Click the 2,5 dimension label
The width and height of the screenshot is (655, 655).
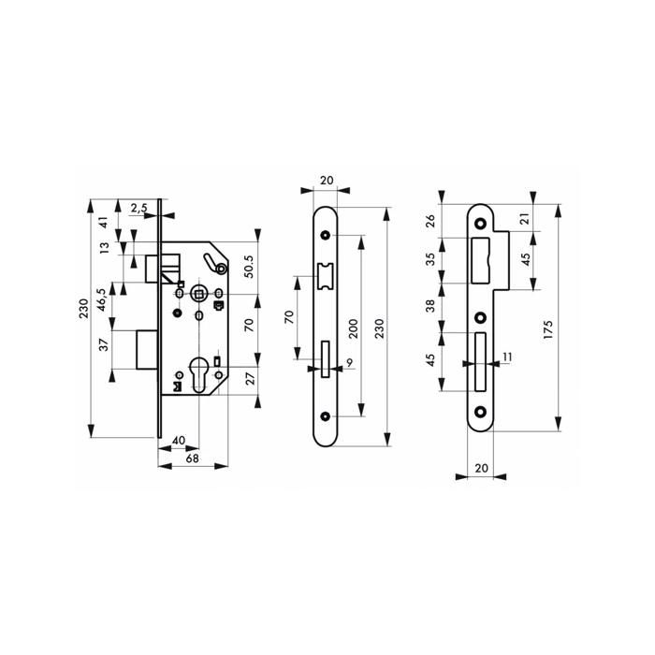[x=138, y=208]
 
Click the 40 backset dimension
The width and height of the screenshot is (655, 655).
[x=178, y=438]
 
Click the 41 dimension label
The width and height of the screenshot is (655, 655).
[x=103, y=224]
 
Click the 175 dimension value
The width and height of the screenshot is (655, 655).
[x=549, y=329]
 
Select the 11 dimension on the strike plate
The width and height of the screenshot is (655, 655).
[x=508, y=357]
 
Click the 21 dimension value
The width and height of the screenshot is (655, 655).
[x=526, y=218]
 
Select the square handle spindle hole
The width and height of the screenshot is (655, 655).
[x=198, y=295]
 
